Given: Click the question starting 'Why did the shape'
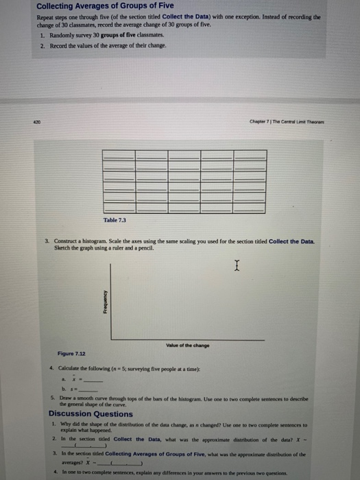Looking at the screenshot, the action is click(185, 426).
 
